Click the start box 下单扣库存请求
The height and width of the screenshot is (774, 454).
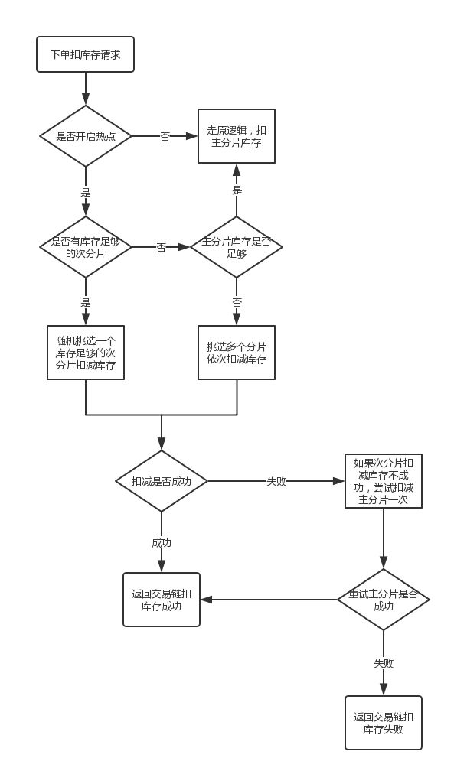[86, 54]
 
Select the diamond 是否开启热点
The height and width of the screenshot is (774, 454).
[86, 136]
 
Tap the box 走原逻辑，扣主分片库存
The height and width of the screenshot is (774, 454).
[237, 136]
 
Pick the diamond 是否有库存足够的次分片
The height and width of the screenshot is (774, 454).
[86, 247]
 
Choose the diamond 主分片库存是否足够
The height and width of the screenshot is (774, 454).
[237, 247]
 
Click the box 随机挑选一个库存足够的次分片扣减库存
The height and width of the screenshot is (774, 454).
[86, 353]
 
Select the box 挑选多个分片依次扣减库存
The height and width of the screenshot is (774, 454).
[237, 353]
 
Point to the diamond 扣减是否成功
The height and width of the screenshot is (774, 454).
[161, 481]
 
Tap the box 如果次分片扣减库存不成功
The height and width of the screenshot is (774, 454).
[384, 481]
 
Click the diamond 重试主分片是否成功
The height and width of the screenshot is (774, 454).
[384, 600]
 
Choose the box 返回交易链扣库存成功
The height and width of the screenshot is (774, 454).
[161, 600]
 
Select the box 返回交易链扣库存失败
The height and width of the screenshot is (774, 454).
[384, 724]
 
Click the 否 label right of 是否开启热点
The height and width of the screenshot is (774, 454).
[165, 137]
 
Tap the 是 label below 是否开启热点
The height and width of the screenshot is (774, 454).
[86, 191]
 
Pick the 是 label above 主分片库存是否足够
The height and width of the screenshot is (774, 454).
[237, 190]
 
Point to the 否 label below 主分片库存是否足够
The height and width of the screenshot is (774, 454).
[237, 302]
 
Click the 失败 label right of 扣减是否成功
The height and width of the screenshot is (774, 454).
[276, 482]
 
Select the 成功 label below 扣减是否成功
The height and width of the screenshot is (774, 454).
[162, 543]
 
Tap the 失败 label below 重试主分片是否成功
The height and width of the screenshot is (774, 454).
[384, 663]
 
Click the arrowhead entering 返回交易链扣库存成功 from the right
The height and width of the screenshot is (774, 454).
[206, 600]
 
